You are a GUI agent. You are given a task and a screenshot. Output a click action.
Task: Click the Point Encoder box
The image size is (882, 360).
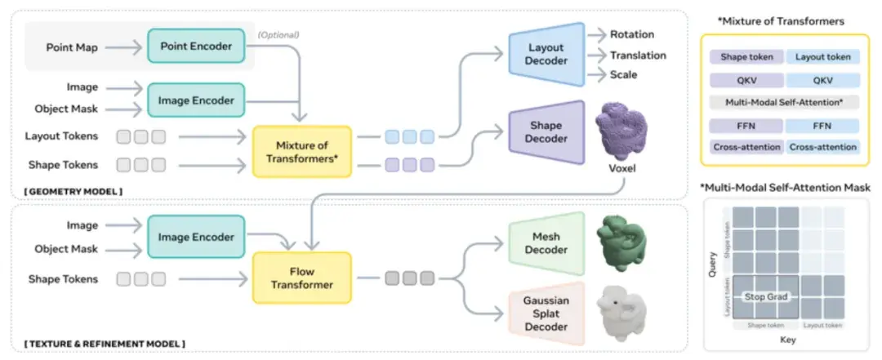click(196, 47)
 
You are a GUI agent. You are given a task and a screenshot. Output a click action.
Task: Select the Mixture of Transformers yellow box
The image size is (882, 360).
click(302, 152)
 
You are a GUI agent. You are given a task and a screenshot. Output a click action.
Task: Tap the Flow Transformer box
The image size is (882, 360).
click(302, 278)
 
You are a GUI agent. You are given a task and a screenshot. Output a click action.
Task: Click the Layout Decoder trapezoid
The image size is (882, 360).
click(546, 54)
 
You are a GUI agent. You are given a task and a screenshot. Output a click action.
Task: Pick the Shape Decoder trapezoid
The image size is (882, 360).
click(546, 132)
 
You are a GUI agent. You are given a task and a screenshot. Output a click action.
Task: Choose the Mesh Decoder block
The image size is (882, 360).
click(546, 242)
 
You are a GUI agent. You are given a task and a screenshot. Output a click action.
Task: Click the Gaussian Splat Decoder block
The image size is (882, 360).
click(546, 313)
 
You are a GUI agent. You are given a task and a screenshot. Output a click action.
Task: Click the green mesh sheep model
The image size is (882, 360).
click(621, 242)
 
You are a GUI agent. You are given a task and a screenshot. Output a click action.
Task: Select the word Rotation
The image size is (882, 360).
click(632, 34)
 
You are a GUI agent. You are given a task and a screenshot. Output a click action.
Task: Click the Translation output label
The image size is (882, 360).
click(639, 56)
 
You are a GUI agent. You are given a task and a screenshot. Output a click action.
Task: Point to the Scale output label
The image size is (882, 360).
click(624, 74)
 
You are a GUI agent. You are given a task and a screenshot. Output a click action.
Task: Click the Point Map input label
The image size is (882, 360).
click(71, 47)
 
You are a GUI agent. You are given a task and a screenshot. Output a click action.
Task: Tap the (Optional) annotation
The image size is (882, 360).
click(278, 35)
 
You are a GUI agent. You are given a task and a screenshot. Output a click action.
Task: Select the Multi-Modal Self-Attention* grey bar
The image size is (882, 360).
click(784, 102)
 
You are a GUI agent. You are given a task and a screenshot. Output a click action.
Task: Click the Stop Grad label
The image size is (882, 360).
click(766, 296)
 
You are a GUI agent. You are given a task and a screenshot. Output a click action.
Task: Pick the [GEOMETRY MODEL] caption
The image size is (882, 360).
click(73, 192)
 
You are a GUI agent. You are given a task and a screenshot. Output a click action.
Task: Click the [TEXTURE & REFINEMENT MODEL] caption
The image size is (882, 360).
click(105, 343)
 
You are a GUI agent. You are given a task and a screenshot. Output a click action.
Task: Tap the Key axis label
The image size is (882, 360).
click(788, 340)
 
